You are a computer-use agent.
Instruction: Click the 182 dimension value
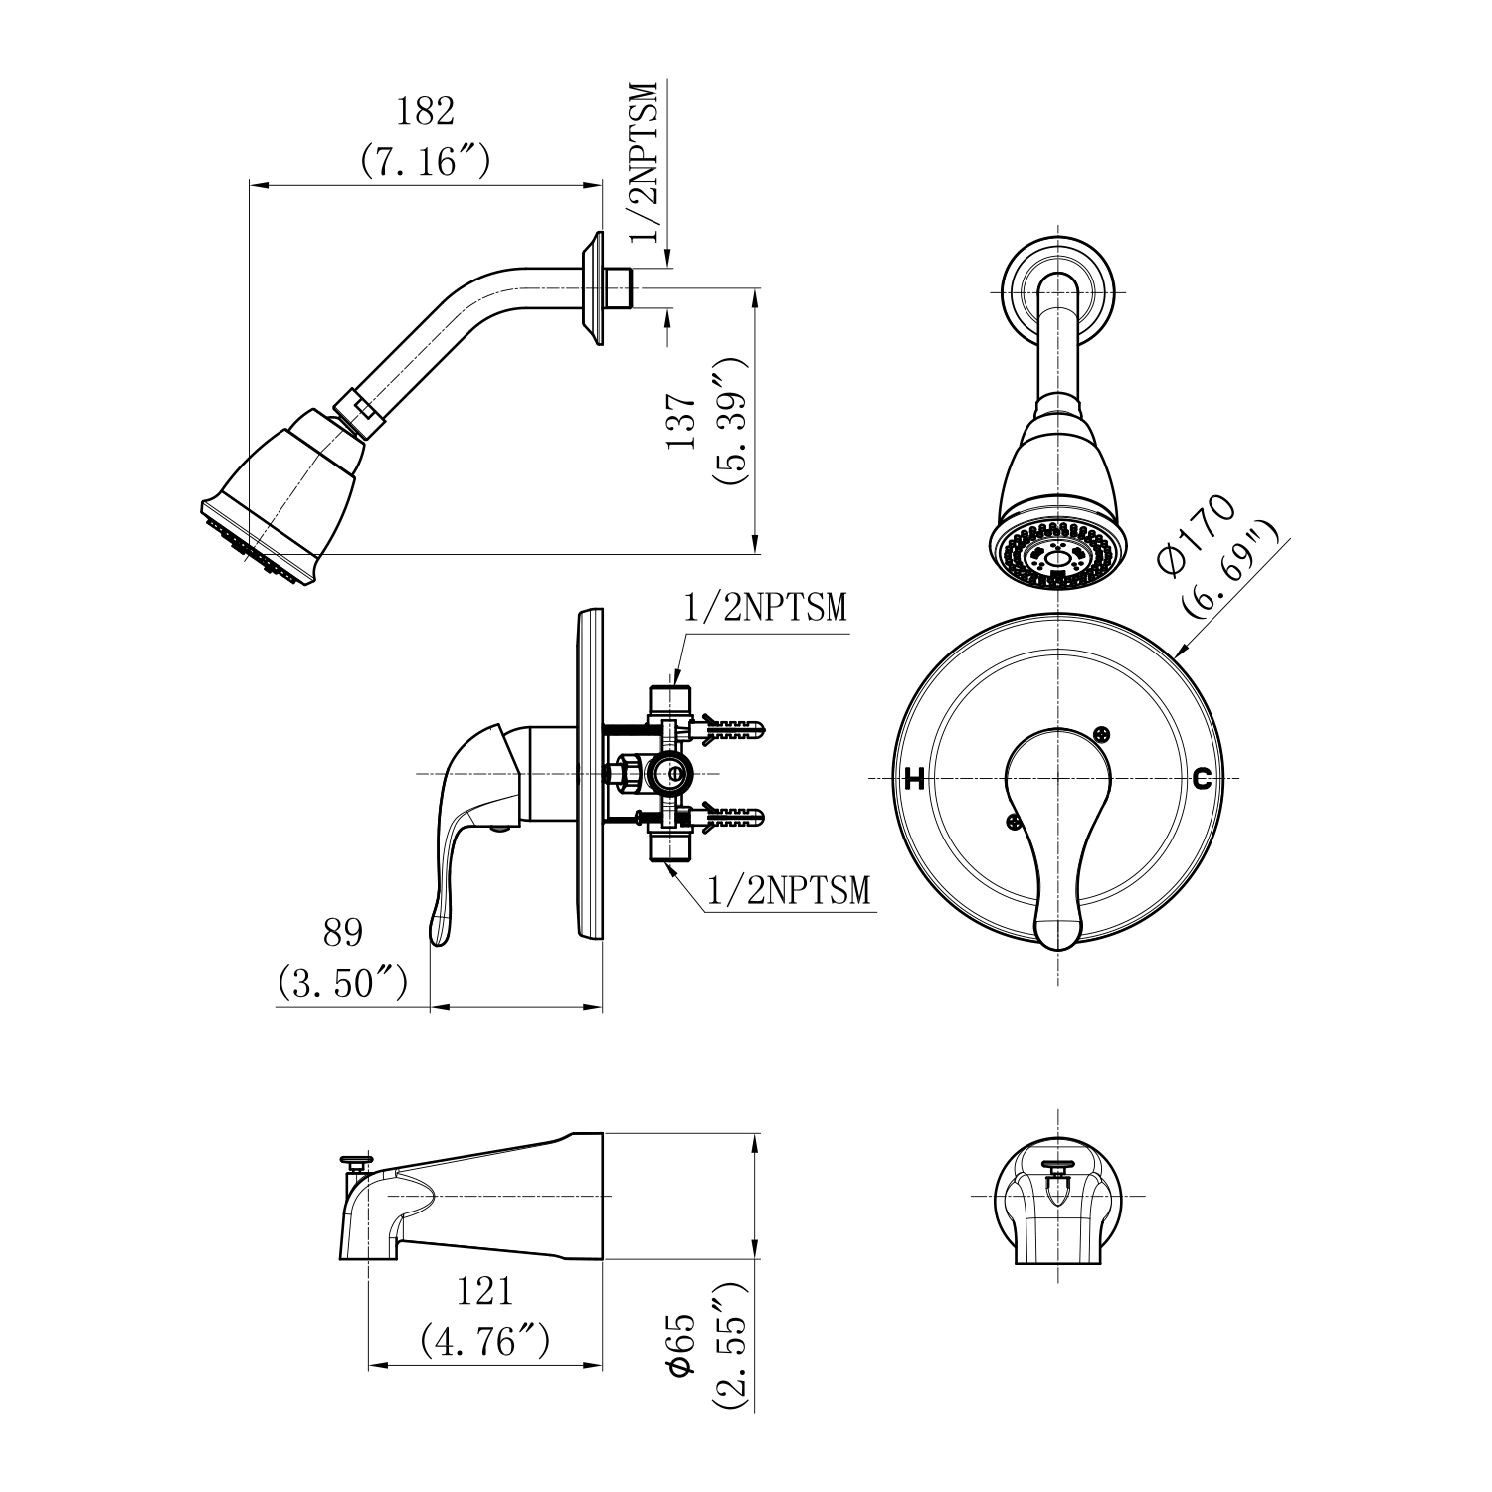click(426, 111)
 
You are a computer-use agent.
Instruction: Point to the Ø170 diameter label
click(1198, 534)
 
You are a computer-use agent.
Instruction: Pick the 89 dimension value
click(342, 933)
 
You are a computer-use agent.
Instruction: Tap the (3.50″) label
click(342, 983)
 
